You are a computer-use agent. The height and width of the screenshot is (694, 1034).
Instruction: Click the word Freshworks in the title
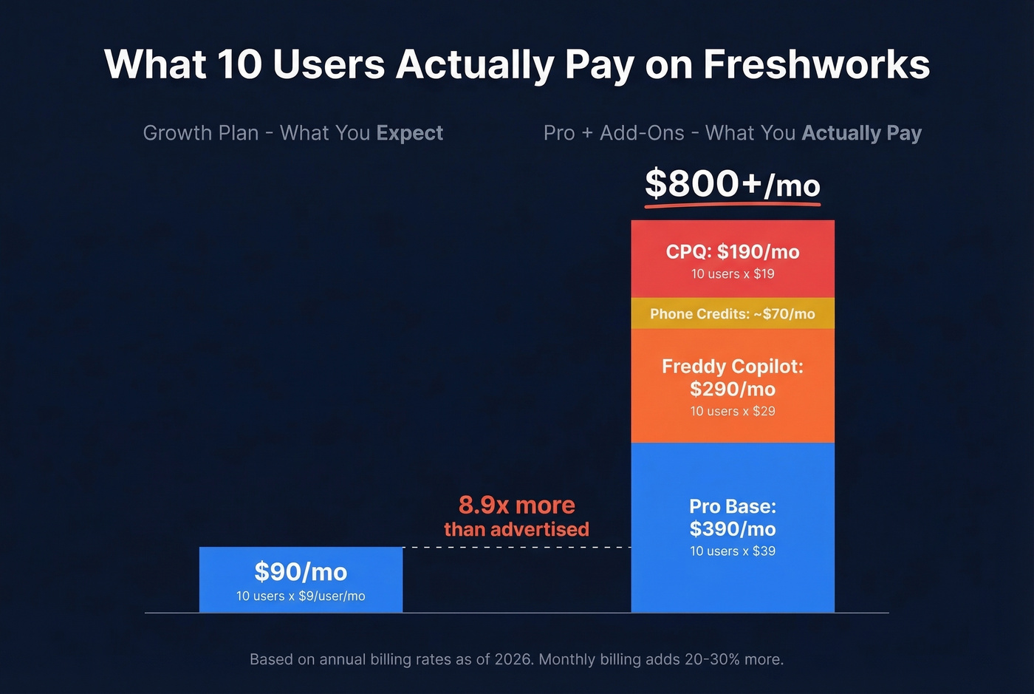coord(816,64)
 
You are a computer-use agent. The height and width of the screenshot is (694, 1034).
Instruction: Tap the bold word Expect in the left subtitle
coord(409,133)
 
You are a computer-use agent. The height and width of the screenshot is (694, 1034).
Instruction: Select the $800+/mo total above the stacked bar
coord(732,184)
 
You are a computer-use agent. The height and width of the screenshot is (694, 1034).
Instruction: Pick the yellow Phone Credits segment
coord(733,314)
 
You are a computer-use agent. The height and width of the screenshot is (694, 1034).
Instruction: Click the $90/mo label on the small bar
coord(301,571)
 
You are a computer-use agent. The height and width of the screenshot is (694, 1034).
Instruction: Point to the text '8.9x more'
coord(516,505)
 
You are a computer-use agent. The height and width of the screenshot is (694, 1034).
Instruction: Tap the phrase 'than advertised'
coord(516,529)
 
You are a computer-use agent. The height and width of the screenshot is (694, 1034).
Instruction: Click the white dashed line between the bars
coord(516,548)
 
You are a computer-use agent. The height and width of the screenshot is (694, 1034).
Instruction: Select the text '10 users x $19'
coord(733,273)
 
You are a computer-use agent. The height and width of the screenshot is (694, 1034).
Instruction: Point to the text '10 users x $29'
coord(733,411)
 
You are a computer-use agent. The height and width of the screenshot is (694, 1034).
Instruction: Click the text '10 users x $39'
coord(733,551)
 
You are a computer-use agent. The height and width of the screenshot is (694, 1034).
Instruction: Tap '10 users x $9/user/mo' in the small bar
coord(301,596)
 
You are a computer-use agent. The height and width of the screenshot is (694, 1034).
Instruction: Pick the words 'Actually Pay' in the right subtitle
coord(861,133)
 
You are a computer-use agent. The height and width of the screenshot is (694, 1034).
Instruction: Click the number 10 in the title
coord(239,64)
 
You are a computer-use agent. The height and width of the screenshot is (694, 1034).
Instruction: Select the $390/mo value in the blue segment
coord(733,528)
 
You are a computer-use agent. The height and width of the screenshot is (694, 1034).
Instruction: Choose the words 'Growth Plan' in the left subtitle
coord(201,133)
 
